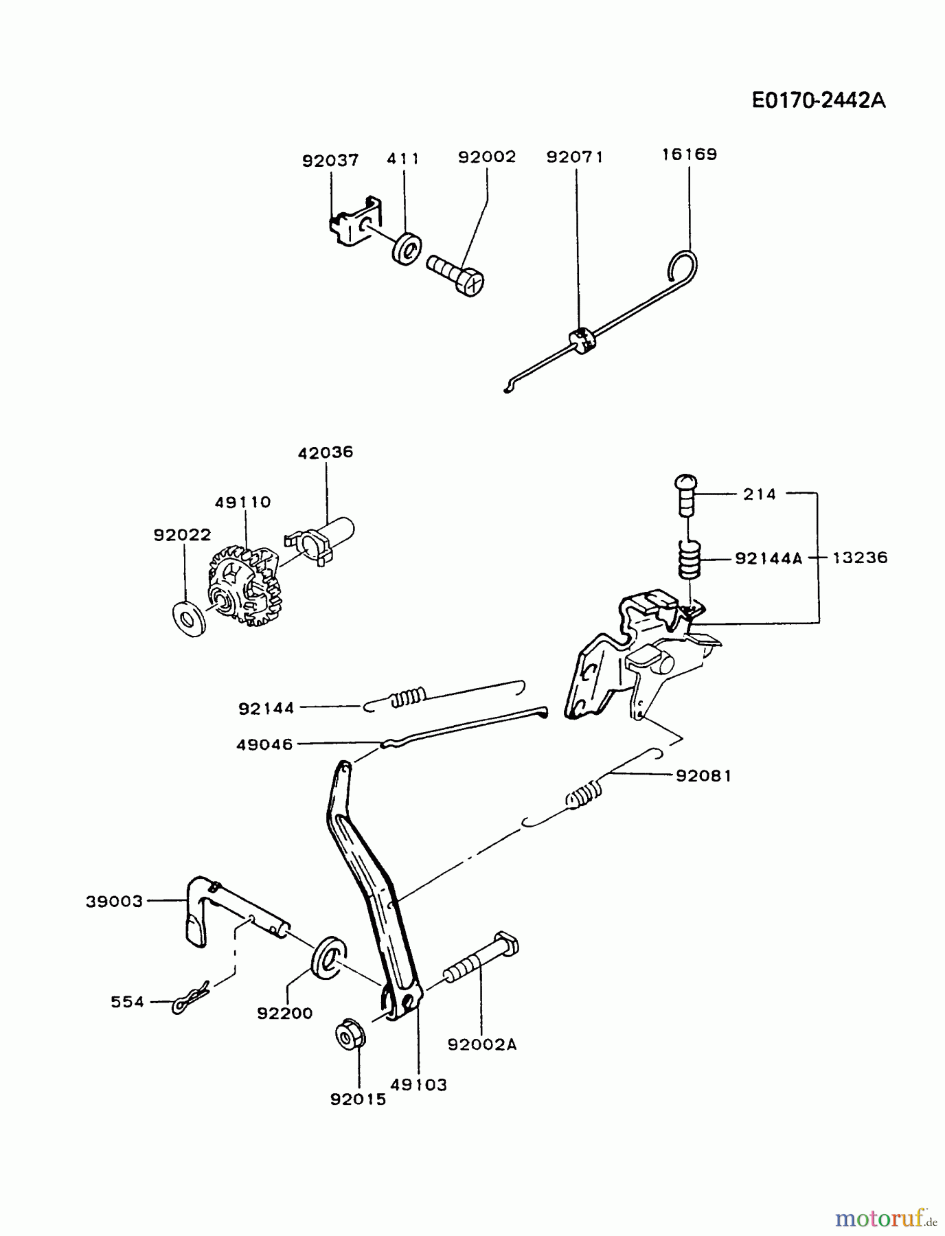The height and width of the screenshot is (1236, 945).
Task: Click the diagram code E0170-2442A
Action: tap(818, 100)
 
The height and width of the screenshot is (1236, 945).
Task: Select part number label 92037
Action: tap(330, 161)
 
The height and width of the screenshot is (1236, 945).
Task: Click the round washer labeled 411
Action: tap(407, 248)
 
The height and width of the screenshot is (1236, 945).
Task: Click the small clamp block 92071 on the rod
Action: tap(580, 339)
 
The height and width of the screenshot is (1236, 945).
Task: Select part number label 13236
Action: tap(860, 558)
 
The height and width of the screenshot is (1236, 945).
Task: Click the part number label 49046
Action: tap(264, 744)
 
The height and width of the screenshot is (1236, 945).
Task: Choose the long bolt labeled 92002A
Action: tap(481, 961)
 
